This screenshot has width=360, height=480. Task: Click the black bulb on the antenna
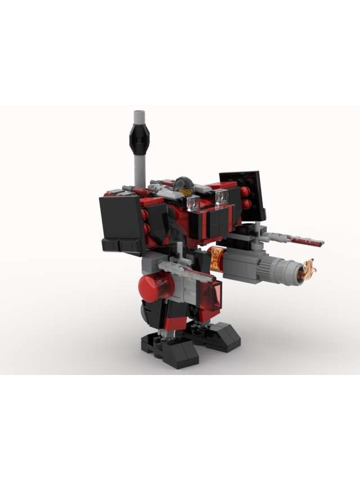139,140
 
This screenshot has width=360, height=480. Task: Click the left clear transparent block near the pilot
194,204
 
